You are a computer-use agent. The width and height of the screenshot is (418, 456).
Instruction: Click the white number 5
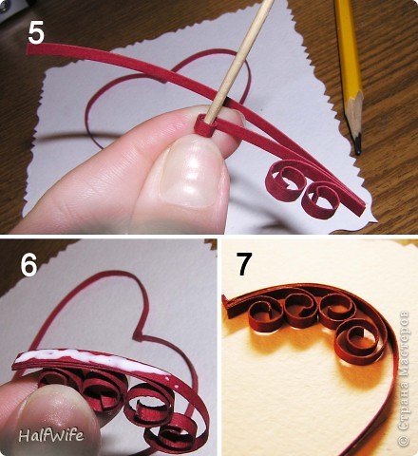coord(36,33)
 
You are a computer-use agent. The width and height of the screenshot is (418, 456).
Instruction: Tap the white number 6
coord(28,264)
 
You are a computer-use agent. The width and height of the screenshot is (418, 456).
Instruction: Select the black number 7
coord(244,264)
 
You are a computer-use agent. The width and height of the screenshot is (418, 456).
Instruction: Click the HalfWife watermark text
coord(51,435)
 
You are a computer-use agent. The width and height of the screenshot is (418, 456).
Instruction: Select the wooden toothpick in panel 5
coord(239,60)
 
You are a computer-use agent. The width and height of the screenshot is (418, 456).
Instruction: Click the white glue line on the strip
coord(92,361)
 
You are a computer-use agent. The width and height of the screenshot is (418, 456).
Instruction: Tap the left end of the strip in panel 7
coord(225,303)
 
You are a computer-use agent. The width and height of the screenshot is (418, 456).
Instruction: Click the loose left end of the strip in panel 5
coord(30,49)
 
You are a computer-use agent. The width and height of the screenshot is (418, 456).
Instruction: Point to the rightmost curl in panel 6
coord(171,435)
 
